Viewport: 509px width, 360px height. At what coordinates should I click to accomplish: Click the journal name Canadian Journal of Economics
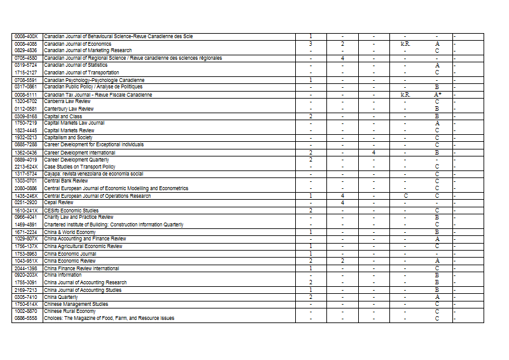(x=78, y=44)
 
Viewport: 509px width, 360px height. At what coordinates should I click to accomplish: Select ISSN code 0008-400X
(x=26, y=36)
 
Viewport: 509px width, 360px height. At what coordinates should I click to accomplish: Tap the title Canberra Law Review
(x=68, y=102)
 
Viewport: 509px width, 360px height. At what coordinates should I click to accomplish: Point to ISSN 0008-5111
(x=26, y=95)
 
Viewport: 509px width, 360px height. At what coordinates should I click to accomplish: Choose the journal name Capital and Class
(x=63, y=116)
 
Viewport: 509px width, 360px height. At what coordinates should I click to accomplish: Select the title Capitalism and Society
(x=69, y=137)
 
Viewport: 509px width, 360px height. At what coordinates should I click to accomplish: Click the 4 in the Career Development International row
(x=373, y=153)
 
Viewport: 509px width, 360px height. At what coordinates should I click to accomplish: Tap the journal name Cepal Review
(x=59, y=202)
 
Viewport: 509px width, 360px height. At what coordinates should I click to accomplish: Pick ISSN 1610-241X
(x=26, y=211)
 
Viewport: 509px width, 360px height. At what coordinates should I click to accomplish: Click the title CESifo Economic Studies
(x=71, y=211)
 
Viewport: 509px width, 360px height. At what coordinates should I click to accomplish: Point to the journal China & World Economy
(x=70, y=232)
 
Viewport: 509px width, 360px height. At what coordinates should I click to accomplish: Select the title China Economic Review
(x=70, y=261)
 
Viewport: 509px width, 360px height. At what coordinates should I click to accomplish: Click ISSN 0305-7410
(x=26, y=297)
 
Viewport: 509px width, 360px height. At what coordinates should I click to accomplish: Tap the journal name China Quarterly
(x=61, y=297)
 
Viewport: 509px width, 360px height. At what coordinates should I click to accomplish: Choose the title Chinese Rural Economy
(x=70, y=311)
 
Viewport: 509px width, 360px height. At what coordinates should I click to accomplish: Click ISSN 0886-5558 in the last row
(x=26, y=318)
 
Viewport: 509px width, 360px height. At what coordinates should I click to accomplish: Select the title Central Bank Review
(x=66, y=181)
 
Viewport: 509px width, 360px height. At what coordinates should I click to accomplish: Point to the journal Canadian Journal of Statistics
(x=76, y=65)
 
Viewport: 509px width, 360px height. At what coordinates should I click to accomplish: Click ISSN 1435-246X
(x=26, y=196)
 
